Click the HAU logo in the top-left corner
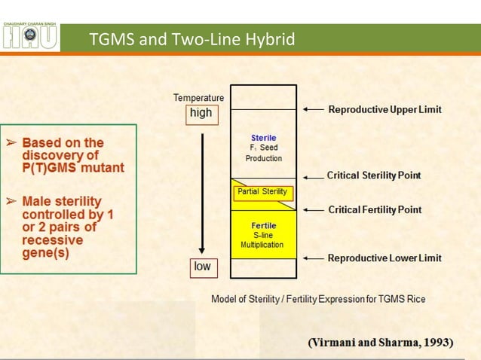(30, 37)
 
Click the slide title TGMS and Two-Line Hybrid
(191, 39)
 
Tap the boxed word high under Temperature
(201, 114)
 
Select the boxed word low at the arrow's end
(202, 267)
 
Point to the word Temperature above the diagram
(198, 98)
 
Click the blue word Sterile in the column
(264, 138)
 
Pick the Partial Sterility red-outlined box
(262, 192)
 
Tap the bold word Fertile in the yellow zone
(264, 225)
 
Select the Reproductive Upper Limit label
(384, 110)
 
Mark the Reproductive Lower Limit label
(384, 258)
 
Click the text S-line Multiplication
(264, 240)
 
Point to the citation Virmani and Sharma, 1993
(381, 342)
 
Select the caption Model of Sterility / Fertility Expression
(317, 299)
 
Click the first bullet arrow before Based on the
(11, 142)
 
